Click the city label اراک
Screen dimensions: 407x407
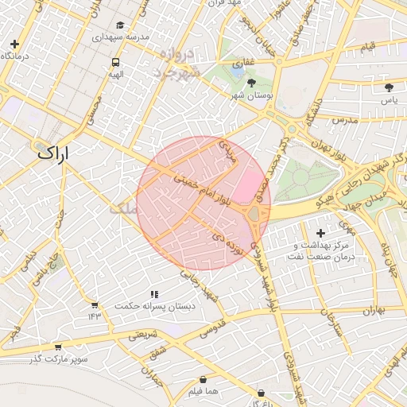(x=53, y=152)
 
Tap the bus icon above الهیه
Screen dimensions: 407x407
(x=116, y=62)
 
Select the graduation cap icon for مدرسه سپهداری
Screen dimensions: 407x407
(x=120, y=25)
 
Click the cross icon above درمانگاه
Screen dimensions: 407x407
(x=14, y=44)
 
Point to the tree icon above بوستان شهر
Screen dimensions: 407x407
(x=252, y=83)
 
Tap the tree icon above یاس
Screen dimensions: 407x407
(x=389, y=87)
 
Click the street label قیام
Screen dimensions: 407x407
(x=367, y=48)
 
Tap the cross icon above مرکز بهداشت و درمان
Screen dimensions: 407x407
(x=320, y=233)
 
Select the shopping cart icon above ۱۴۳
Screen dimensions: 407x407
(x=95, y=304)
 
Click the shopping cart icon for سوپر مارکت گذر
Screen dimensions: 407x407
(x=57, y=347)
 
